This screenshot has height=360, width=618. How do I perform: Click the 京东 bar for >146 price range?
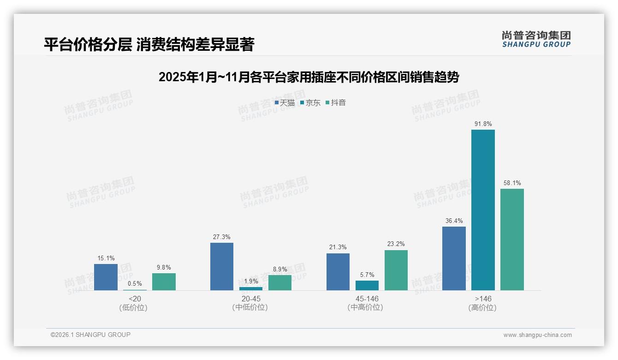coord(483,210)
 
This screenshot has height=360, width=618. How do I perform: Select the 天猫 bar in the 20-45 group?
coord(222,266)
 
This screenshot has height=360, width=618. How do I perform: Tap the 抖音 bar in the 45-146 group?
coord(396,270)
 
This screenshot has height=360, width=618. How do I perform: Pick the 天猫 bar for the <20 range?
coord(106,277)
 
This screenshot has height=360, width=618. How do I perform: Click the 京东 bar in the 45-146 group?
coord(367,285)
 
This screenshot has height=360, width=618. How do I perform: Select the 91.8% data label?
coord(483,124)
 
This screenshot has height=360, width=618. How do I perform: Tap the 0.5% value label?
coord(135,284)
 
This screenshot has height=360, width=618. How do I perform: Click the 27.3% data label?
coord(222,237)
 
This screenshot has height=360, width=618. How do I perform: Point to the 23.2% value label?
coord(396,244)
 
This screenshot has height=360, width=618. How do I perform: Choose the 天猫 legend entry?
coord(285,103)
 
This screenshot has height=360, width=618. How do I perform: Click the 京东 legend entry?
coord(310,103)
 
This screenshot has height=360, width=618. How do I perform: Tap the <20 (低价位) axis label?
coord(135,303)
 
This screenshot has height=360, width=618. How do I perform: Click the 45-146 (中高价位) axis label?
coord(367,303)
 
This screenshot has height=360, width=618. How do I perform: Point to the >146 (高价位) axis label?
coord(483,303)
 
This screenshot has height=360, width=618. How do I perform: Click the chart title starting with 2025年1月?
coord(309,77)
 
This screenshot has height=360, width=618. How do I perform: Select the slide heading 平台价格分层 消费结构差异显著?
coord(149,44)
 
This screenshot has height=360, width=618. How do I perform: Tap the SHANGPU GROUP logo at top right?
coord(536,39)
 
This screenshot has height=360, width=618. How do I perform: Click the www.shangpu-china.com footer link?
coord(537,335)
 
